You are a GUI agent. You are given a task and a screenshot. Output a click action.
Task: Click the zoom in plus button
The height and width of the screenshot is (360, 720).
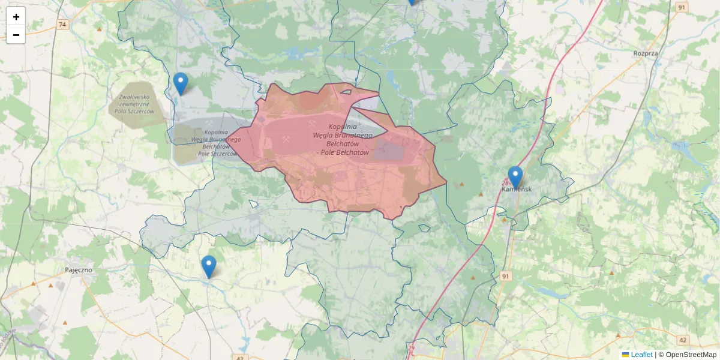click(16, 17)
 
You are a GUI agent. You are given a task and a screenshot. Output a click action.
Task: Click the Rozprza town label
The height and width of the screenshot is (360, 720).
click(645, 53)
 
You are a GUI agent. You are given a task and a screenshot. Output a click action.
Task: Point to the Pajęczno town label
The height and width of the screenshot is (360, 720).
click(79, 270)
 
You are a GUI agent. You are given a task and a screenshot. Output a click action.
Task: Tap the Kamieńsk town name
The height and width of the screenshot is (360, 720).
click(517, 189)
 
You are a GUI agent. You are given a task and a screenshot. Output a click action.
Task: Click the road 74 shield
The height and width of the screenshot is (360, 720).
click(63, 25)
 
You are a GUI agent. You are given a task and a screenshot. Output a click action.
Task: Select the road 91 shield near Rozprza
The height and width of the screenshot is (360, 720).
click(680, 7)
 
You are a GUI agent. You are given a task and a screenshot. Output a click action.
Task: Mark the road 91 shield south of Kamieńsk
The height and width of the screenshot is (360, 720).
click(506, 275)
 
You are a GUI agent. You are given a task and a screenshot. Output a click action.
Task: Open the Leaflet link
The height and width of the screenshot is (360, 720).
click(641, 355)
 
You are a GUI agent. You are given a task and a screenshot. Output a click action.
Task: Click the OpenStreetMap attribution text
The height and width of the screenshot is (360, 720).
click(691, 355)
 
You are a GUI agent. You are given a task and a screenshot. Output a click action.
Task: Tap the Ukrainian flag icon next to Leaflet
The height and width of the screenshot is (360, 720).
click(625, 355)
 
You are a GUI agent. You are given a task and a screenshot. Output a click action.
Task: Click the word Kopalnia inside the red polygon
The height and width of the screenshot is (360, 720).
click(343, 127)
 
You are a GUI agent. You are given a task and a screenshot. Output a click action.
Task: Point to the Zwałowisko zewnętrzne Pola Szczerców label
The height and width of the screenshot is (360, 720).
click(135, 104)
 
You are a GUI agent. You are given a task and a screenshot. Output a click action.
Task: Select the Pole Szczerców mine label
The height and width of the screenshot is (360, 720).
click(216, 143)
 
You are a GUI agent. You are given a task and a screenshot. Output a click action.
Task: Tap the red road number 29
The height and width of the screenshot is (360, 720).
click(412, 348)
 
